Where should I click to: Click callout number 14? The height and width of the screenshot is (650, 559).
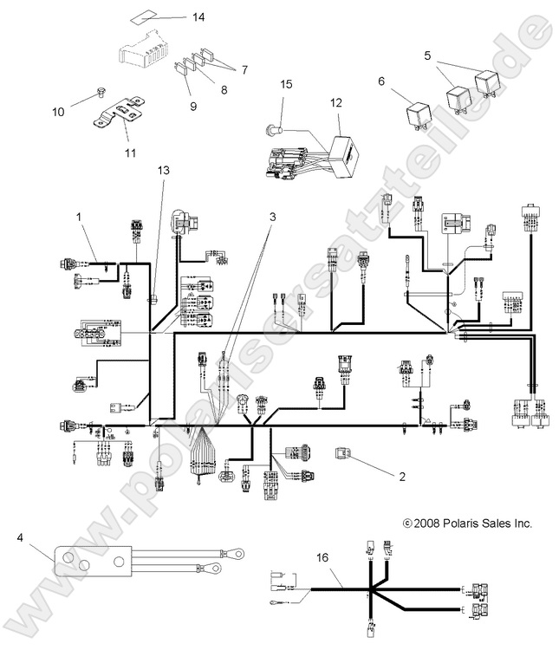(199, 17)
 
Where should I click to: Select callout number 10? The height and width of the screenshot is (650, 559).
(58, 112)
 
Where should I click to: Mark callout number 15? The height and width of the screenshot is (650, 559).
(287, 84)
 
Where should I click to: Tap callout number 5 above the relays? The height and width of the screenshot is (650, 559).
(426, 55)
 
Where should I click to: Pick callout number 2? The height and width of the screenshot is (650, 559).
(400, 476)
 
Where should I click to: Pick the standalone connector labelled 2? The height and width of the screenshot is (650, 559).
(343, 452)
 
